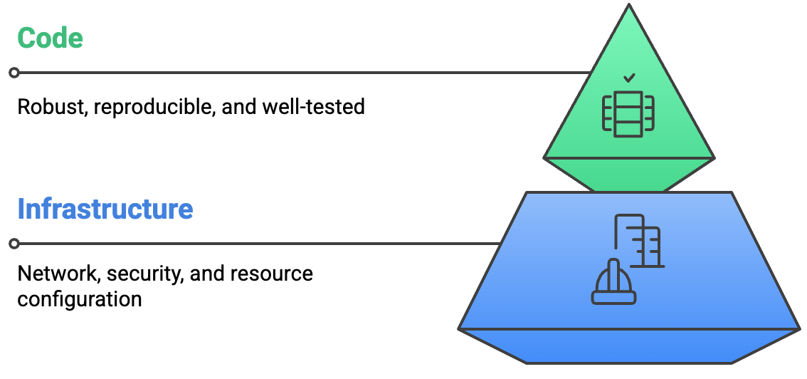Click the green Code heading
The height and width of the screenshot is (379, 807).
[x=50, y=38]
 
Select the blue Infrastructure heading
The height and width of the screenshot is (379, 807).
[x=105, y=209]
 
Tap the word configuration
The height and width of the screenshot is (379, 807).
[x=80, y=298]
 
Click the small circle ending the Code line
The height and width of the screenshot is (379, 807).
[x=14, y=73]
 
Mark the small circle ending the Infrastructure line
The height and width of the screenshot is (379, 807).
[x=14, y=244]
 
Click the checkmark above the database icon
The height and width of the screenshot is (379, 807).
[x=628, y=78]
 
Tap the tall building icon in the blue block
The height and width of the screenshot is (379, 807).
[x=639, y=241]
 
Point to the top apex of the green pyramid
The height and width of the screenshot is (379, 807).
[x=628, y=6]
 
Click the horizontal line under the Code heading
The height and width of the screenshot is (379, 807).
[x=299, y=73]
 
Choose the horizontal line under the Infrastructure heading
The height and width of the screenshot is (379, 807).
[x=256, y=244]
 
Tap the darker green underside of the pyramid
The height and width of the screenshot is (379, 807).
[x=628, y=175]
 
